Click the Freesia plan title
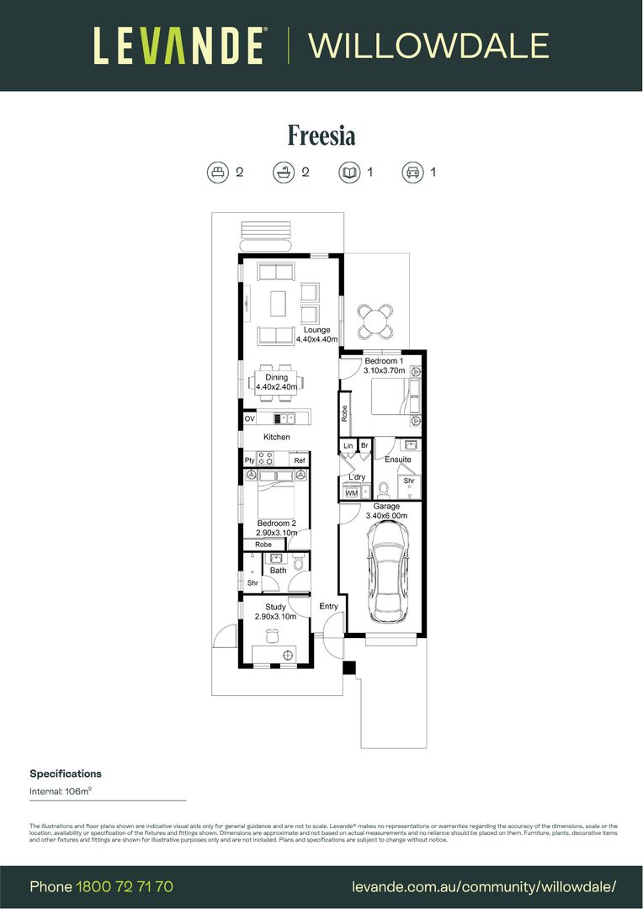click(x=321, y=136)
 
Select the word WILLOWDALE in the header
click(x=429, y=45)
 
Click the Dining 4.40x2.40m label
click(x=277, y=382)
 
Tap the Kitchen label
click(x=277, y=437)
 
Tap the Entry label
click(x=328, y=606)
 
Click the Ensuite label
click(x=398, y=460)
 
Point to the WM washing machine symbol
click(x=351, y=492)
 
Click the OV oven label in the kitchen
click(x=249, y=418)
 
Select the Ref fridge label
click(x=299, y=460)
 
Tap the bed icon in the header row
click(x=218, y=173)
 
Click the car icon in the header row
click(x=412, y=173)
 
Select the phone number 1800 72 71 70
click(x=125, y=886)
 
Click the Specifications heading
click(x=66, y=773)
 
